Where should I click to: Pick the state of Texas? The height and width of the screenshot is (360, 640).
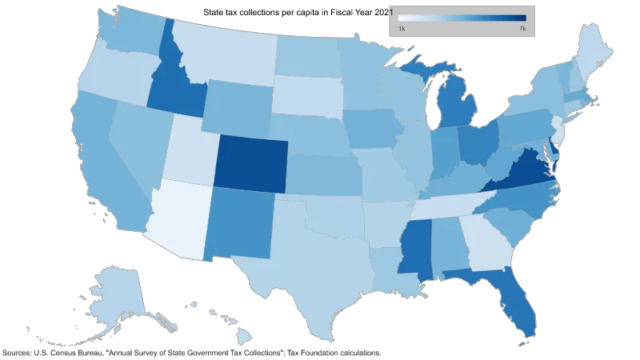(x=312, y=264)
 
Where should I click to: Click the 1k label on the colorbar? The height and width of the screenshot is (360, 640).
(x=402, y=29)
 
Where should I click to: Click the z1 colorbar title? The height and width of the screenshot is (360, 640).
(x=388, y=10)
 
